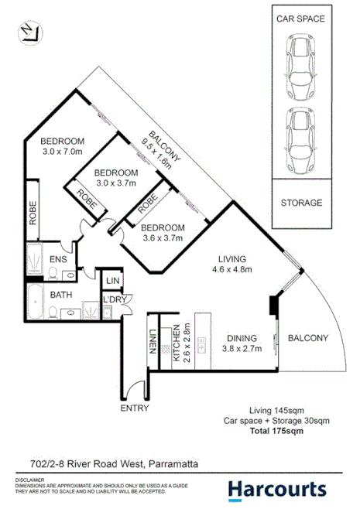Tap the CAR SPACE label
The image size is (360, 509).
301,18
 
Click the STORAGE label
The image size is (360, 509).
301,203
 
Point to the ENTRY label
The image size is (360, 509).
135,408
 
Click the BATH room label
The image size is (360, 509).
61,295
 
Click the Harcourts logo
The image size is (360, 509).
276,488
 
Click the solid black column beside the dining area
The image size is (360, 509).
273,306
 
